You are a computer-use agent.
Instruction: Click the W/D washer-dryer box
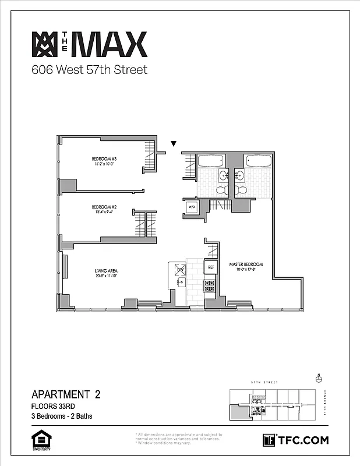[x=191, y=207]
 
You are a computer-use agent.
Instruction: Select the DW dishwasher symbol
[x=179, y=270]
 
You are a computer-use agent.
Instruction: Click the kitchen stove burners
[x=210, y=285]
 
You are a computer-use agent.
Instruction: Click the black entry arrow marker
[x=173, y=143]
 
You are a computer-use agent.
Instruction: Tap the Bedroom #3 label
[x=104, y=159]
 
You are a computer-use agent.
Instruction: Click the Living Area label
[x=107, y=271]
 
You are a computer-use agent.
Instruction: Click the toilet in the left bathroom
[x=221, y=190]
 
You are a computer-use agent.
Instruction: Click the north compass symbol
[x=319, y=378]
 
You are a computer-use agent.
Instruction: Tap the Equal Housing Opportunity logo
[x=38, y=440]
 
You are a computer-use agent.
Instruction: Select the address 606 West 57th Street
[x=89, y=70]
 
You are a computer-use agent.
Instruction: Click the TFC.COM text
[x=303, y=440]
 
